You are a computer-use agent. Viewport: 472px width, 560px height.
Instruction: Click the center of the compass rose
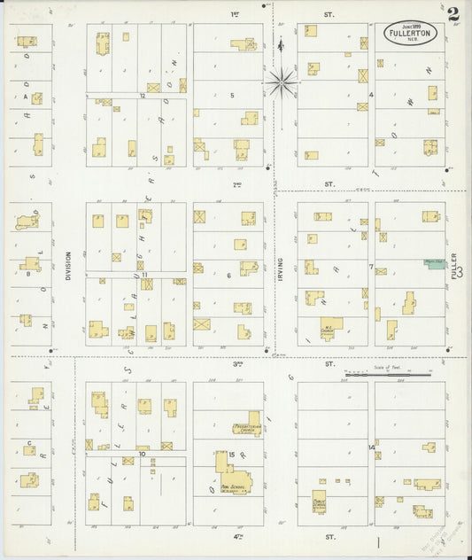tap(281, 83)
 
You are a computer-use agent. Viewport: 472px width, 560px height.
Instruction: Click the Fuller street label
tap(459, 267)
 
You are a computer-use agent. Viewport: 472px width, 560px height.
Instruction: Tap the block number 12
tap(143, 94)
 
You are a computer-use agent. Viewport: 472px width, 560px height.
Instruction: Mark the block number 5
tap(232, 94)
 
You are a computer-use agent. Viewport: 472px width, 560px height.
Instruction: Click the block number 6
tap(229, 276)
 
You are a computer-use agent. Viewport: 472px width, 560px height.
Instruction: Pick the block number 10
tap(142, 453)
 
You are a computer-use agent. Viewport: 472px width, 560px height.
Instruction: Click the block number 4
tap(371, 94)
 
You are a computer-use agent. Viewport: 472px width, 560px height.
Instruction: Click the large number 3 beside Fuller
tap(460, 286)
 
